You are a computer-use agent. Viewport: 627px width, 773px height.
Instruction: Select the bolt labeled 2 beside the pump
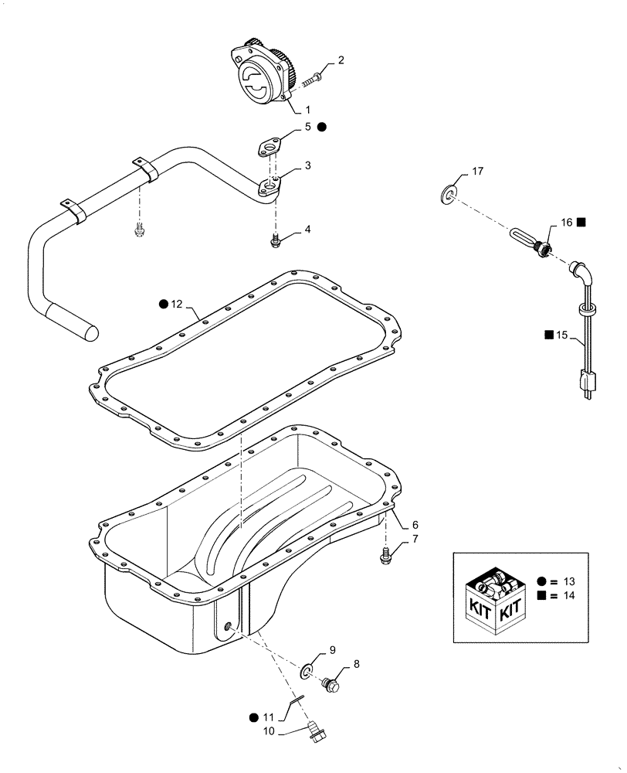tap(315, 78)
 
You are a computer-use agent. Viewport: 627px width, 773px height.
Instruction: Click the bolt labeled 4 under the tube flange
tap(275, 242)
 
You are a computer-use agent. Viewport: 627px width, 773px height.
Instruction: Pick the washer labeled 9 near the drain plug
tap(309, 670)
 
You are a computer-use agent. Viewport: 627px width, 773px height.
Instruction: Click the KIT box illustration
tap(496, 597)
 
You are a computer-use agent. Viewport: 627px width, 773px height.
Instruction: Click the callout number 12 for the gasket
tap(178, 305)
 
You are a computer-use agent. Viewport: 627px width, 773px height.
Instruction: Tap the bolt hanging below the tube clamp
tap(139, 230)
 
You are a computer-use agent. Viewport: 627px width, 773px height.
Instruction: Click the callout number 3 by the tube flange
tap(307, 165)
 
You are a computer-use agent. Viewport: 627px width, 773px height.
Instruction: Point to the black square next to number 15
tap(547, 335)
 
